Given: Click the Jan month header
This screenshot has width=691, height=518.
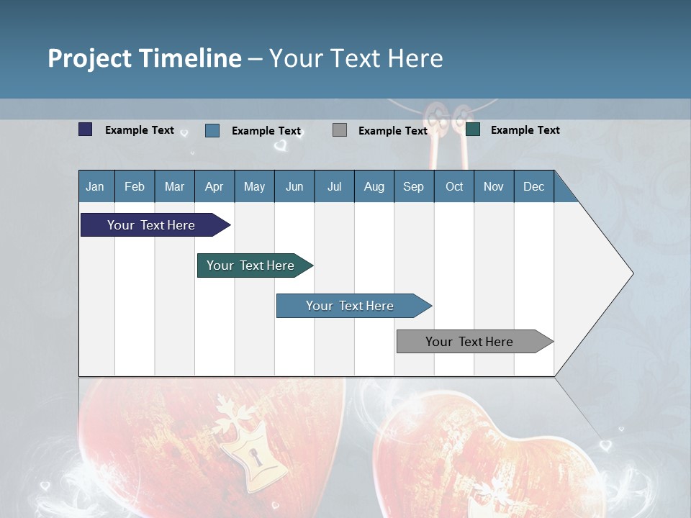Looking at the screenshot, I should pyautogui.click(x=95, y=187).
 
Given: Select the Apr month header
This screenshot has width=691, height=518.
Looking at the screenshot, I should pyautogui.click(x=214, y=187).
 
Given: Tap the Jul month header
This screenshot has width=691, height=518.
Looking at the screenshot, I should pyautogui.click(x=334, y=187).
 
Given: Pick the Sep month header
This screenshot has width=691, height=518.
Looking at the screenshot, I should pyautogui.click(x=413, y=187).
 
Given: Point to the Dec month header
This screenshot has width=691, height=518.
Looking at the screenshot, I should pyautogui.click(x=533, y=187).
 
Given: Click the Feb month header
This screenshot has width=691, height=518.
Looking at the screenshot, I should pyautogui.click(x=135, y=187).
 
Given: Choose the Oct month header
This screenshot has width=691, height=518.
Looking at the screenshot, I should pyautogui.click(x=454, y=187).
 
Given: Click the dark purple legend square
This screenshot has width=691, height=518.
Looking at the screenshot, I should pyautogui.click(x=86, y=129).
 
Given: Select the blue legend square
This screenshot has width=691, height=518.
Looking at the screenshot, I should pyautogui.click(x=212, y=130).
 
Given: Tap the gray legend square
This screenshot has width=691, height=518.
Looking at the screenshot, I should pyautogui.click(x=340, y=130).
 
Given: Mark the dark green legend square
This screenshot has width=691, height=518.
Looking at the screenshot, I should pyautogui.click(x=473, y=129).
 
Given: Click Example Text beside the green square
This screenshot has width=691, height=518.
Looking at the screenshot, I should pyautogui.click(x=525, y=130).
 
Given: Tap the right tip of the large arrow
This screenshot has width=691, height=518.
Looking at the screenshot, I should pyautogui.click(x=632, y=273).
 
